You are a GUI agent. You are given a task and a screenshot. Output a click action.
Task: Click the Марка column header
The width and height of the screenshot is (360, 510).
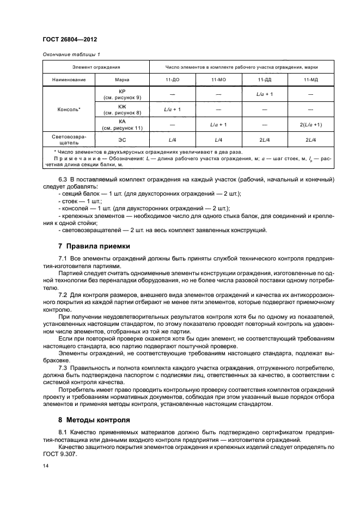click(x=122, y=80)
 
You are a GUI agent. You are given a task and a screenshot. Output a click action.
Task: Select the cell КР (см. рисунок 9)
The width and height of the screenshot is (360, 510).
click(x=122, y=94)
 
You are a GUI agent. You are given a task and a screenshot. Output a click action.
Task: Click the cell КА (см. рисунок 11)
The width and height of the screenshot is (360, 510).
click(x=122, y=124)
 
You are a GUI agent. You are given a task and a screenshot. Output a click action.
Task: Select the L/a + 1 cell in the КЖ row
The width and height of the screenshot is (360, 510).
click(x=173, y=110)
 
